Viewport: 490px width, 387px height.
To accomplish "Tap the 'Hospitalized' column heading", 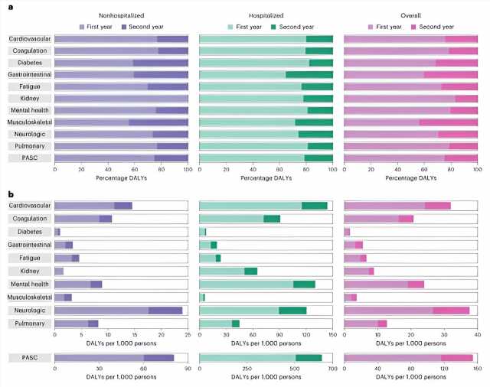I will (x=266, y=15).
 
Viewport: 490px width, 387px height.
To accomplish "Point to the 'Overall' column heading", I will (x=411, y=15).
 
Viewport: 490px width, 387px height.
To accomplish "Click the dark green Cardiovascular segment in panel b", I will (x=315, y=206).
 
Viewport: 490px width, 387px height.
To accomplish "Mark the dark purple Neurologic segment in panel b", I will (x=165, y=311).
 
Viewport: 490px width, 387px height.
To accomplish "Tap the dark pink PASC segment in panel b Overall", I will (x=457, y=357).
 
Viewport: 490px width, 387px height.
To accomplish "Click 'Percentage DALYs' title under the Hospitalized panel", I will (x=266, y=177).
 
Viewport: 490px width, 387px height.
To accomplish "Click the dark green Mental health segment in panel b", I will (x=304, y=285).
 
